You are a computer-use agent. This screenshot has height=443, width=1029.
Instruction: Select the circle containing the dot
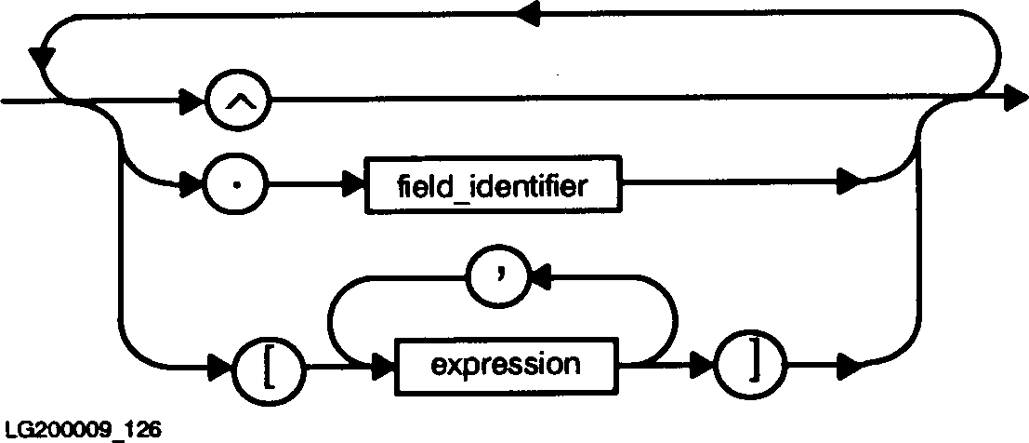click(238, 185)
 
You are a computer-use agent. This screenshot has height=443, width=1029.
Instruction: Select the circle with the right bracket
click(746, 363)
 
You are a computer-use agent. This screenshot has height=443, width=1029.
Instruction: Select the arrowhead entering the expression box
click(382, 363)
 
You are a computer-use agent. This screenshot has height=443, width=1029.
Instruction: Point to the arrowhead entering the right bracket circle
click(704, 363)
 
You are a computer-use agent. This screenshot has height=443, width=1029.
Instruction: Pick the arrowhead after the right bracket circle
click(850, 363)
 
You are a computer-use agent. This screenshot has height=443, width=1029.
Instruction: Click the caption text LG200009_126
click(82, 430)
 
